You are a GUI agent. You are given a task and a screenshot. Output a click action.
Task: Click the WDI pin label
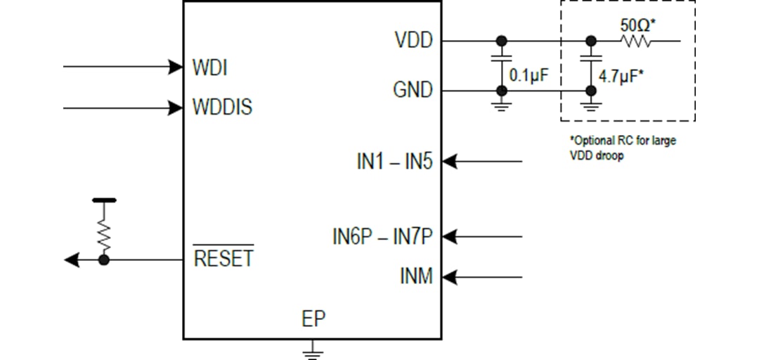[x=209, y=68]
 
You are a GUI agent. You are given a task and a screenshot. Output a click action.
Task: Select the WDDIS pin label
[x=222, y=108]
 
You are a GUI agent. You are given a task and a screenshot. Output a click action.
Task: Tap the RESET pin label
[x=223, y=259]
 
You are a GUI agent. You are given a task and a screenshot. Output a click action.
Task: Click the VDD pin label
[x=413, y=41]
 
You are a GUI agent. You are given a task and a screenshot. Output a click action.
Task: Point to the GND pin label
[x=413, y=91]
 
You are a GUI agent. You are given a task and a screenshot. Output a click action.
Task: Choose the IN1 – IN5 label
[x=394, y=162]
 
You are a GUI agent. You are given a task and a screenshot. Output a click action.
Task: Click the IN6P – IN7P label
[x=382, y=237]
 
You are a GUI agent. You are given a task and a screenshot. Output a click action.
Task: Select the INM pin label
[x=416, y=277]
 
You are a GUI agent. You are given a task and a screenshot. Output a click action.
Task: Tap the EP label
[x=313, y=319]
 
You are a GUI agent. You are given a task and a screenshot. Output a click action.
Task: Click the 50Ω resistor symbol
[x=637, y=41]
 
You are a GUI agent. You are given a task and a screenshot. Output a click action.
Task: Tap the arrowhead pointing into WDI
[x=176, y=67]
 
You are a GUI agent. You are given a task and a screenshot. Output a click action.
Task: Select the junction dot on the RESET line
[x=104, y=260]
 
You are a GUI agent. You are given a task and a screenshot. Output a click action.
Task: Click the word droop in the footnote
[x=609, y=156]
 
